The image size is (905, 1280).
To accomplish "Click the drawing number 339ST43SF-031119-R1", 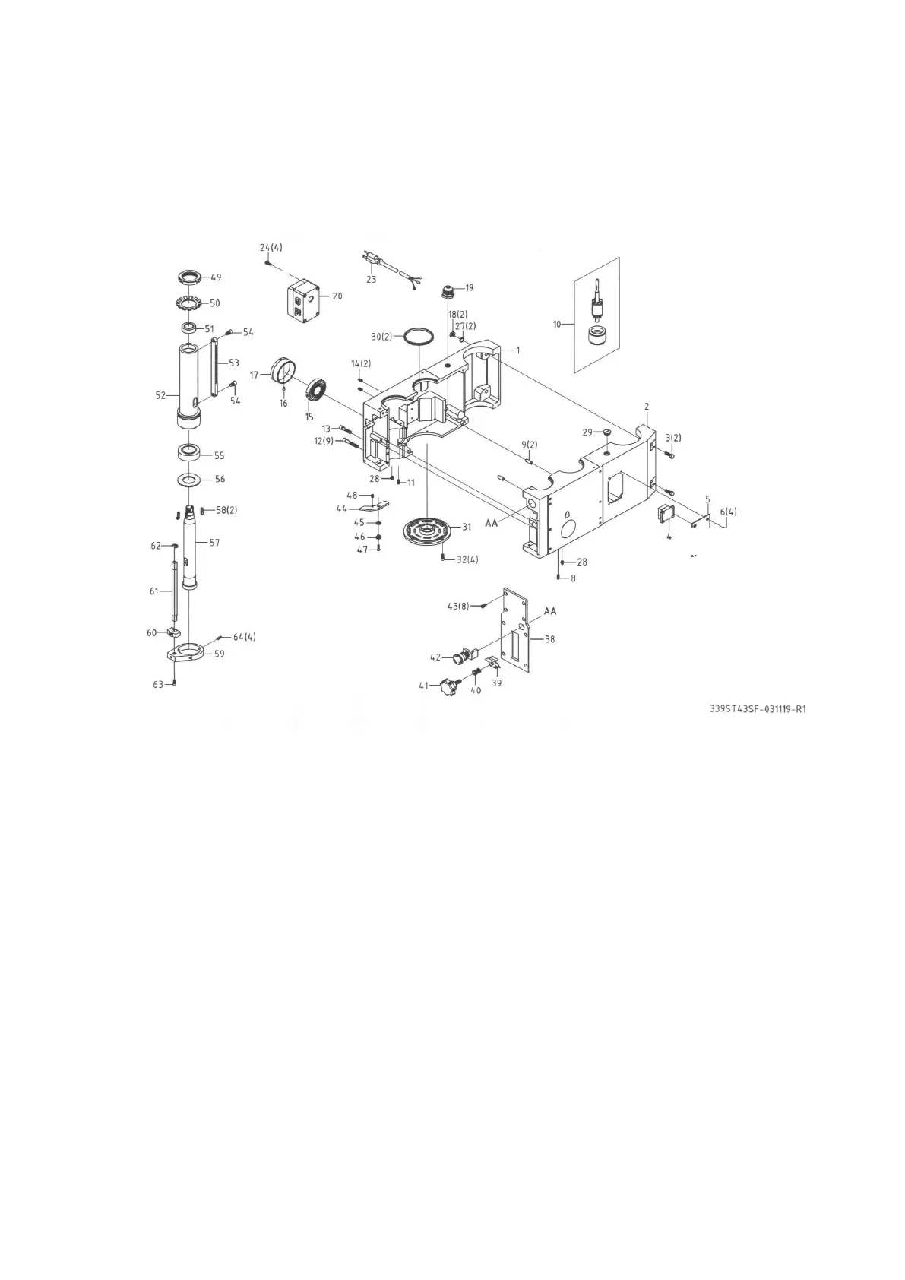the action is pyautogui.click(x=757, y=709).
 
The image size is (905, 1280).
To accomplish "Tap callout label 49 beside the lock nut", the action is pyautogui.click(x=217, y=277).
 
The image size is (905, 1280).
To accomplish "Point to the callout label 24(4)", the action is pyautogui.click(x=271, y=248).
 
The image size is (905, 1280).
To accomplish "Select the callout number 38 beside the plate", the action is pyautogui.click(x=549, y=639).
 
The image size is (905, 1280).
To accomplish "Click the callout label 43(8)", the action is pyautogui.click(x=460, y=606).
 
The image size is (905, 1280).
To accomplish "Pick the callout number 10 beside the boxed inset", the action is pyautogui.click(x=557, y=325).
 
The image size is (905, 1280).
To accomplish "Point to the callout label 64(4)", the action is pyautogui.click(x=244, y=637).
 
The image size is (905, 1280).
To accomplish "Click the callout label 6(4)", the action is pyautogui.click(x=728, y=512).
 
